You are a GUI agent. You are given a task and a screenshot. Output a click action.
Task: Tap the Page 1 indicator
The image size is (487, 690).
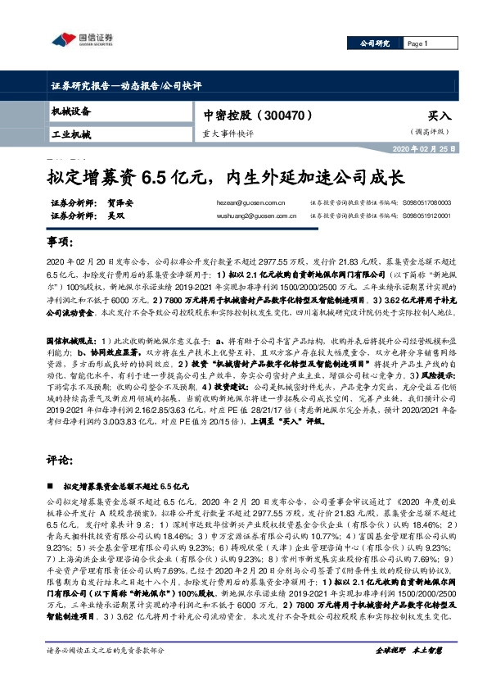(x=417, y=43)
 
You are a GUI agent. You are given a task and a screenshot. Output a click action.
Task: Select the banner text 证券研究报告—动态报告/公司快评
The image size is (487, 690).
(x=128, y=85)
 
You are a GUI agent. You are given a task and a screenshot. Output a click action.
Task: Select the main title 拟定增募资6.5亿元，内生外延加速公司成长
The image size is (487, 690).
(x=225, y=177)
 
